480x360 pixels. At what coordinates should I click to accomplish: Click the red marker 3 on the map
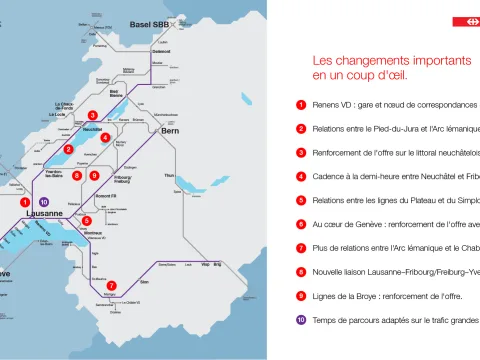coord(92,115)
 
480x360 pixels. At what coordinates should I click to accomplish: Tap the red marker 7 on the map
coord(111,286)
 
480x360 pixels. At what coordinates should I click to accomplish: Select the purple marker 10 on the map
coord(43,202)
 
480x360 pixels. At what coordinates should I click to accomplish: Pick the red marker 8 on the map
coord(77,176)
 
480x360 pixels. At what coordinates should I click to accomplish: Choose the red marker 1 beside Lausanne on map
coord(24,202)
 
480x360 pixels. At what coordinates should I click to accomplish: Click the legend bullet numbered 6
coord(301,225)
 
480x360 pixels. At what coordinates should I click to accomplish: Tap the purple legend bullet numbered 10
coord(301,320)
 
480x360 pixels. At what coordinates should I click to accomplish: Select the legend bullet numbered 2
coord(301,129)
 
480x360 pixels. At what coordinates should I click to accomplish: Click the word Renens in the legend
coord(326,105)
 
